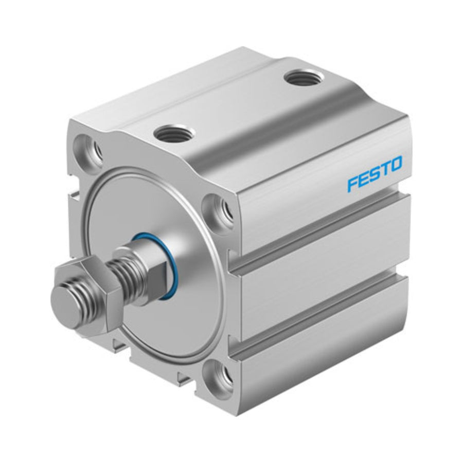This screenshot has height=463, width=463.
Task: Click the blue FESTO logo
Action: click(x=375, y=174)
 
